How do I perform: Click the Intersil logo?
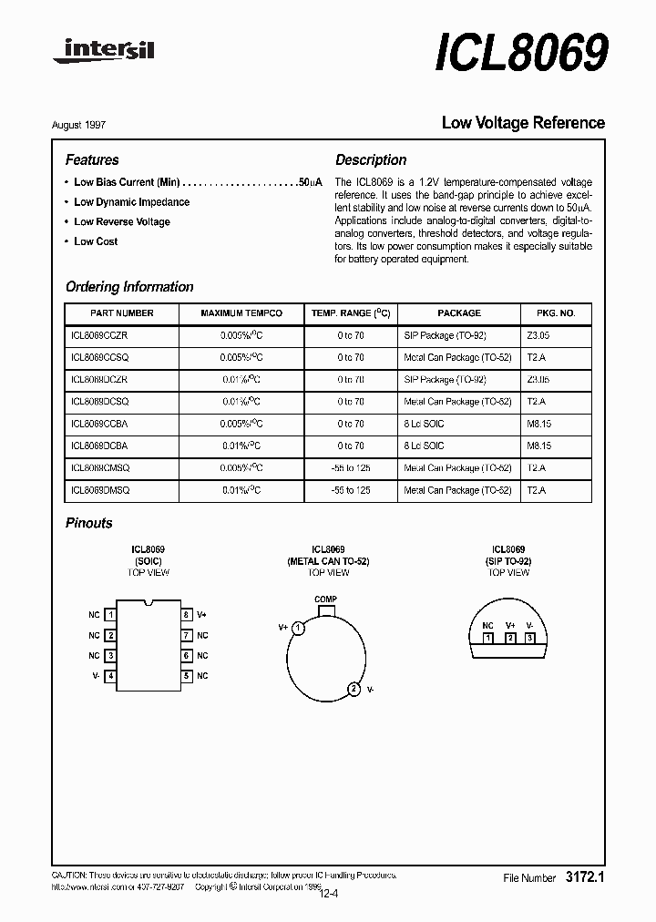tap(104, 54)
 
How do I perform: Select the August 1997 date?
tap(91, 124)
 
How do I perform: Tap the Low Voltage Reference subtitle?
tap(522, 122)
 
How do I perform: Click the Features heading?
tap(92, 159)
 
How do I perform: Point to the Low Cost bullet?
tap(96, 241)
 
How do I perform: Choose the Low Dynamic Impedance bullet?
tap(131, 202)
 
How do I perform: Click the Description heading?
tap(371, 159)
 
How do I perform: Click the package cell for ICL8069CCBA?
tap(424, 424)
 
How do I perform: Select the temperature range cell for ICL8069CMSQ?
tap(350, 468)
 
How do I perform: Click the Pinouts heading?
tap(89, 523)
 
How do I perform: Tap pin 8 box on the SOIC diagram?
tap(186, 615)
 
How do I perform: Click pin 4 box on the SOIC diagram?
tap(110, 676)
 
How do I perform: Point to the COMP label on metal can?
tap(325, 599)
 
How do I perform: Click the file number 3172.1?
tap(585, 877)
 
